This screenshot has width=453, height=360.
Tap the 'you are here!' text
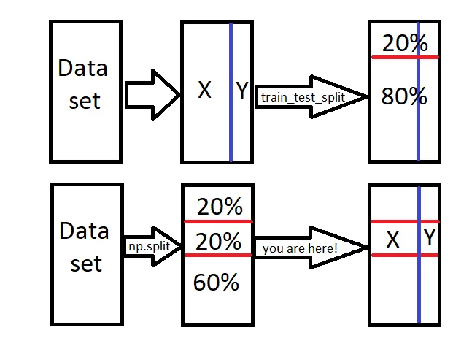click(x=300, y=248)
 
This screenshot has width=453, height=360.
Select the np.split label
click(x=149, y=246)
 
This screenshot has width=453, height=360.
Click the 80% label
click(x=404, y=97)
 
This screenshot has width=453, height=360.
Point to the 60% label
click(x=216, y=283)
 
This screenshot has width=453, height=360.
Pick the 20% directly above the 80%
click(x=405, y=43)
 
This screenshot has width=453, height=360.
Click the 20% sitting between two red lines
click(x=220, y=240)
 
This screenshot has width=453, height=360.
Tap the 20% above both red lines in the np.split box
click(x=220, y=207)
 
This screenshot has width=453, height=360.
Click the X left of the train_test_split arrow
click(x=205, y=91)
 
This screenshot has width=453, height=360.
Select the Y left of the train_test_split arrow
click(x=242, y=91)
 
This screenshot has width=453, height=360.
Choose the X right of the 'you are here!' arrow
click(x=392, y=239)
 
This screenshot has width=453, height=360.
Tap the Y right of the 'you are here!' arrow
click(x=430, y=238)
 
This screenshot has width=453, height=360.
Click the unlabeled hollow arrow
click(x=152, y=94)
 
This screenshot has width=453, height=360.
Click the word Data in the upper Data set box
click(x=82, y=69)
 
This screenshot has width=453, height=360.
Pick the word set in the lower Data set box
click(x=86, y=264)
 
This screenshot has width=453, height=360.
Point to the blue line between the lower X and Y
click(x=419, y=292)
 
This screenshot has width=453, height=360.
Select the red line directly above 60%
click(x=217, y=255)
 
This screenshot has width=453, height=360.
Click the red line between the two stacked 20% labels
click(x=217, y=221)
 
